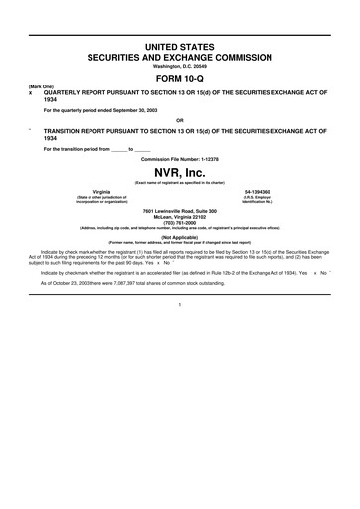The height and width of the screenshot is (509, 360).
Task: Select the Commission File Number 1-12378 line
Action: pos(180,158)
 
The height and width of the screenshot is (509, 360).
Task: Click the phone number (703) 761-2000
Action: pos(180,222)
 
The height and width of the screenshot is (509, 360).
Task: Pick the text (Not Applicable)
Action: pos(180,236)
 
